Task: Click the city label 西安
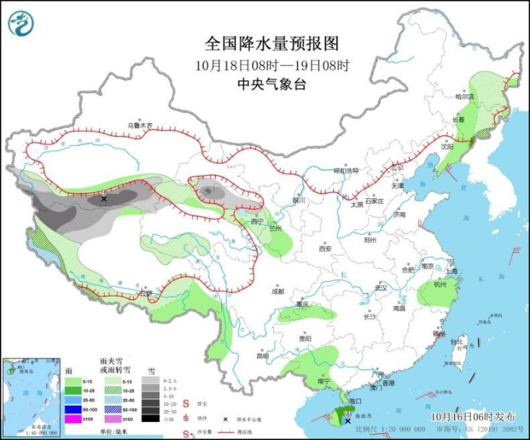(x=325, y=248)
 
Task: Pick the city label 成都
(x=278, y=291)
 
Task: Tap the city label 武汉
(x=380, y=288)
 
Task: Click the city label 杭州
(x=441, y=284)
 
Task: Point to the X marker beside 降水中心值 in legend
(x=225, y=419)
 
